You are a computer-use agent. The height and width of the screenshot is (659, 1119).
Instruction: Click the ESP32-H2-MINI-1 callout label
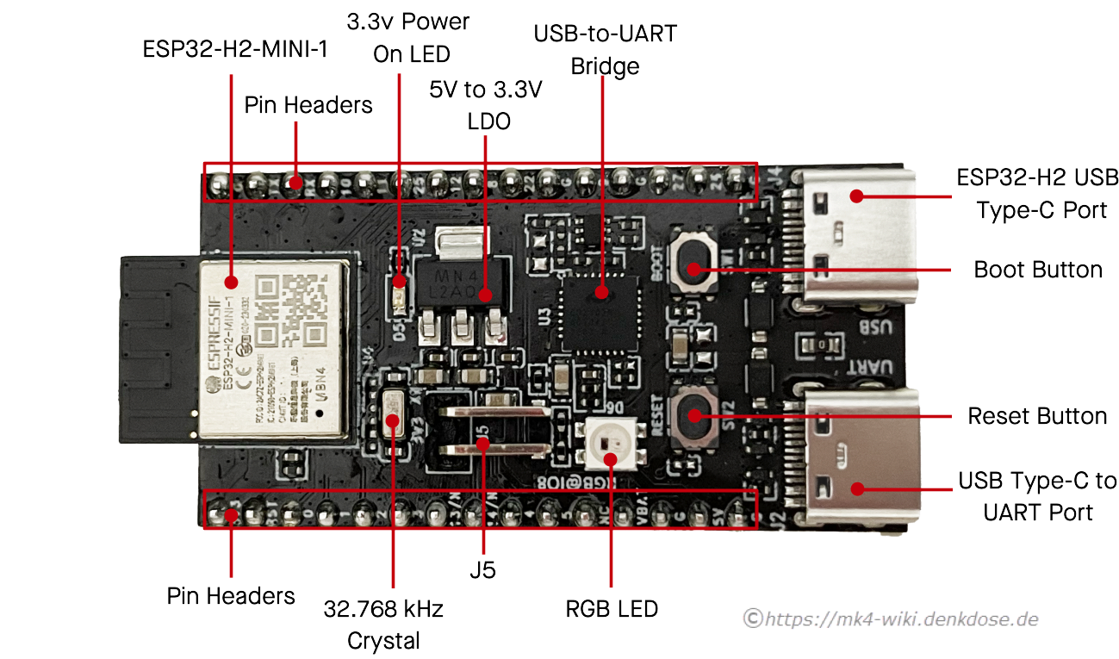[x=235, y=49]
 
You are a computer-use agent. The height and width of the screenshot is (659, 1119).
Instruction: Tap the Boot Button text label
[x=1037, y=270]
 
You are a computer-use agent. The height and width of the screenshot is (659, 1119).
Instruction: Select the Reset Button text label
[x=1037, y=416]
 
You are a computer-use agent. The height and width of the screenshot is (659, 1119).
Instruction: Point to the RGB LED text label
[x=612, y=609]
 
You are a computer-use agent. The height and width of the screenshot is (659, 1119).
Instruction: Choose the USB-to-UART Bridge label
[x=605, y=51]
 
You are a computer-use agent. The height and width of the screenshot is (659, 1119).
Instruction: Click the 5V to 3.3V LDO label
[x=486, y=105]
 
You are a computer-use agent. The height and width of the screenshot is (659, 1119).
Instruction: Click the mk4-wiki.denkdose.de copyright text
[x=891, y=618]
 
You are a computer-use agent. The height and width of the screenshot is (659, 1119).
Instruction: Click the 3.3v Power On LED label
[x=408, y=37]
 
